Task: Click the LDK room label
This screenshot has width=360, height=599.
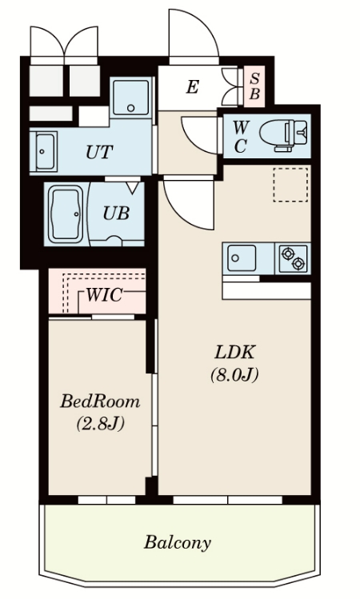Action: click(234, 352)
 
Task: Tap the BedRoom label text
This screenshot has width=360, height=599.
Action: click(100, 402)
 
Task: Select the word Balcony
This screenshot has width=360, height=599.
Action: click(178, 542)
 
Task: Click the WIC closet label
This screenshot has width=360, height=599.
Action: click(104, 295)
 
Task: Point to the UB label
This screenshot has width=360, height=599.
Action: click(116, 214)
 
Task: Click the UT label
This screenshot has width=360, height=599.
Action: click(99, 152)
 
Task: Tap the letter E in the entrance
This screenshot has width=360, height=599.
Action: click(192, 87)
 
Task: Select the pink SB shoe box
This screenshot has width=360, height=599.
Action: click(254, 86)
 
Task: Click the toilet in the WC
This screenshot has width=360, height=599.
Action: click(283, 135)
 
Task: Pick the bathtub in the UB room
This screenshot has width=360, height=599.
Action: click(66, 214)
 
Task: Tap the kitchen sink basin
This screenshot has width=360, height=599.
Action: click(242, 258)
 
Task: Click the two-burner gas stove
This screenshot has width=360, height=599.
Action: click(293, 258)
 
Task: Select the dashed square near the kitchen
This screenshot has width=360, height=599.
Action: click(290, 185)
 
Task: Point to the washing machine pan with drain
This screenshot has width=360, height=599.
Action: click(130, 98)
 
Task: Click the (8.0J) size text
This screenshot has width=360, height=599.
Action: click(234, 374)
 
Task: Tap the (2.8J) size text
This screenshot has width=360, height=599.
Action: click(100, 424)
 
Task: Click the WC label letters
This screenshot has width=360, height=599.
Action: click(240, 137)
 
